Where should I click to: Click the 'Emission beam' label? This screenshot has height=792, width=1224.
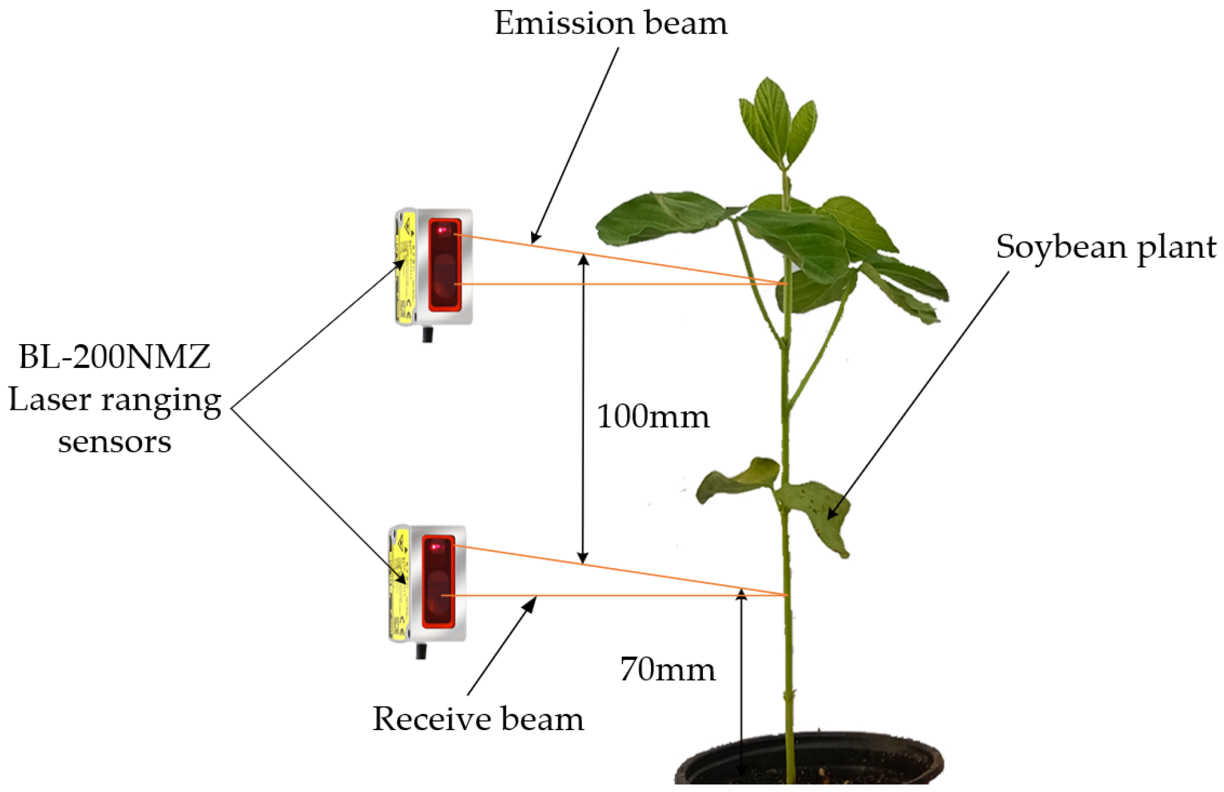pyautogui.click(x=610, y=24)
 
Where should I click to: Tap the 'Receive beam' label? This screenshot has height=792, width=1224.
pyautogui.click(x=478, y=719)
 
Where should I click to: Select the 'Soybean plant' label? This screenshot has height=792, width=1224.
pyautogui.click(x=1105, y=247)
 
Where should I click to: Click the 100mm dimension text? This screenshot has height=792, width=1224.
pyautogui.click(x=653, y=417)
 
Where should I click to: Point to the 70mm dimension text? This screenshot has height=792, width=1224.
pyautogui.click(x=667, y=669)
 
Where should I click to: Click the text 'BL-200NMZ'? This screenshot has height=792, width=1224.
pyautogui.click(x=114, y=357)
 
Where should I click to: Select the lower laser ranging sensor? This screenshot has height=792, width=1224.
pyautogui.click(x=428, y=583)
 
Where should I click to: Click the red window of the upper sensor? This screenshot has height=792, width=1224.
pyautogui.click(x=445, y=265)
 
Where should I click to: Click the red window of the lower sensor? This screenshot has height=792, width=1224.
pyautogui.click(x=438, y=581)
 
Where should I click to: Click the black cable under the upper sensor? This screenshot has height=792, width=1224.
pyautogui.click(x=428, y=334)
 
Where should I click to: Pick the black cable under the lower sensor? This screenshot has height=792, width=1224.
pyautogui.click(x=422, y=651)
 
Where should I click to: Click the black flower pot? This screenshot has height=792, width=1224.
pyautogui.click(x=807, y=760)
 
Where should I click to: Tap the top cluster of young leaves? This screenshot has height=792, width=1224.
pyautogui.click(x=777, y=122)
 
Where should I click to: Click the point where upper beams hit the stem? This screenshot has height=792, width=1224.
pyautogui.click(x=787, y=284)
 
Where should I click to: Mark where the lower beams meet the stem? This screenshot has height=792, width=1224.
pyautogui.click(x=786, y=594)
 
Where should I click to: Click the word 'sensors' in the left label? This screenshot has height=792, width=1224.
pyautogui.click(x=114, y=442)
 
